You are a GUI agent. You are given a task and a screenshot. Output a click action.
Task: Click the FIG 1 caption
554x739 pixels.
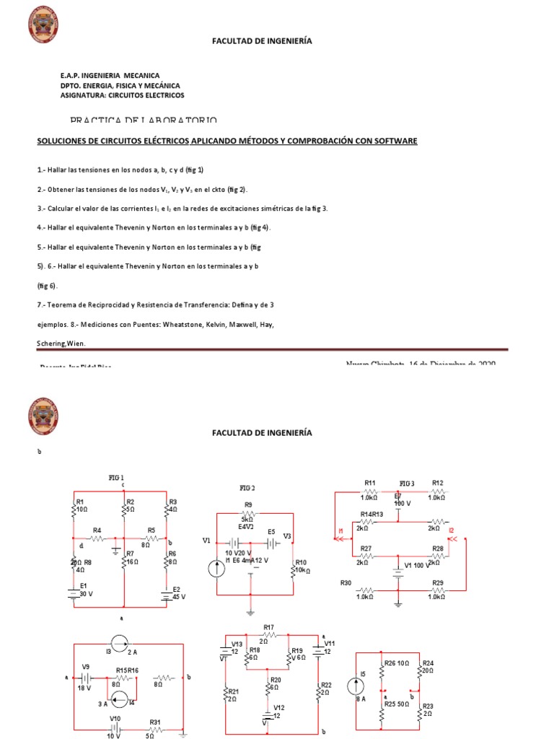coord(117,478)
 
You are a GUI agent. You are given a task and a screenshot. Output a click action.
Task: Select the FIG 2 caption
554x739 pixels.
coord(248,488)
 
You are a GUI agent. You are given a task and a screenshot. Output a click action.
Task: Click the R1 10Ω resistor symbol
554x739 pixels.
coord(74,510)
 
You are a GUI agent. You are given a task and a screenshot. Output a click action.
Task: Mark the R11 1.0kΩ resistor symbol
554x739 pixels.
coord(369,491)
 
